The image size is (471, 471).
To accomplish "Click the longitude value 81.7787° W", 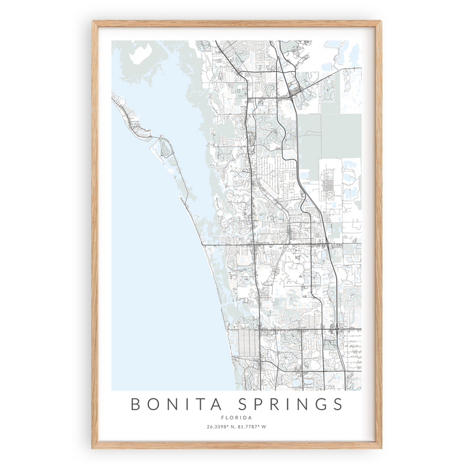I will tap(257, 428).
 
